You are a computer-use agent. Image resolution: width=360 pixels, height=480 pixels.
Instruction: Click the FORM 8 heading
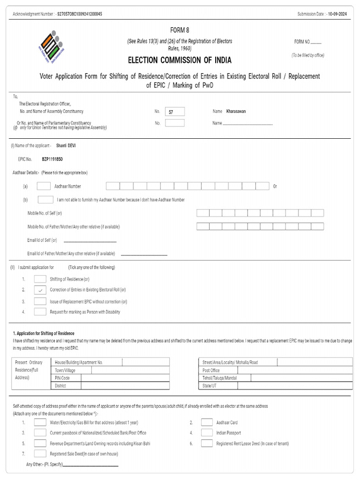[x=180, y=30]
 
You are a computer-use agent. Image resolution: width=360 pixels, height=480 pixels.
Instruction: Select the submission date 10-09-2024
[x=337, y=14]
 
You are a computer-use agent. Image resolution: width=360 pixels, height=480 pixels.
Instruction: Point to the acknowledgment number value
[x=79, y=14]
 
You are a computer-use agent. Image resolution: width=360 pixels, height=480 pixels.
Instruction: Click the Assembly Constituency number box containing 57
[x=175, y=112]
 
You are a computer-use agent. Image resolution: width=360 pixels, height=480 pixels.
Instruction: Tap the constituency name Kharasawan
[x=236, y=112]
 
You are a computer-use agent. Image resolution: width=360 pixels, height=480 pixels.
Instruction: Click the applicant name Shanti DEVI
[x=66, y=146]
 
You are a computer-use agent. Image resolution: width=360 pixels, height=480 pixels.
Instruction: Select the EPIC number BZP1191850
[x=52, y=159]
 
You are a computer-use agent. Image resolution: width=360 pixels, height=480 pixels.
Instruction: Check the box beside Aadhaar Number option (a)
[x=44, y=186]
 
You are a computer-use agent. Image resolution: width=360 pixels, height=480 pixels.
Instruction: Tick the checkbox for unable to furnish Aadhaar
[x=45, y=200]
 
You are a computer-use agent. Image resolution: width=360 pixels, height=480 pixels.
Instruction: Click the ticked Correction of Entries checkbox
[x=40, y=290]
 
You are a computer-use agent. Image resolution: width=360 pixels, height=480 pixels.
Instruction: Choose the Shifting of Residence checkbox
[x=40, y=279]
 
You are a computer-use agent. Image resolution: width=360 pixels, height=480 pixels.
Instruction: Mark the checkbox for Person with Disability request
[x=40, y=312]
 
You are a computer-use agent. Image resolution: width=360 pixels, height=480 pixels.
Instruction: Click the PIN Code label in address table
[x=62, y=378]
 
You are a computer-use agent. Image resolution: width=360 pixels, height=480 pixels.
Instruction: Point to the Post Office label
[x=211, y=370]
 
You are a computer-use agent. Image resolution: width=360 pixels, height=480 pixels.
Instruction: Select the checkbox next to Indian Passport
[x=207, y=433]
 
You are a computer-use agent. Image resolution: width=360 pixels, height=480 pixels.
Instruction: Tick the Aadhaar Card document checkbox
[x=207, y=422]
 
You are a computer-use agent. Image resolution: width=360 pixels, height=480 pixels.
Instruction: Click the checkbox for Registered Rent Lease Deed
[x=207, y=443]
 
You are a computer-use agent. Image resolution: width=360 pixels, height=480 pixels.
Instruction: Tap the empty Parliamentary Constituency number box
[x=175, y=123]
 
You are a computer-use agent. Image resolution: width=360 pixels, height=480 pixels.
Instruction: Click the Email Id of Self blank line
[x=90, y=240]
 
